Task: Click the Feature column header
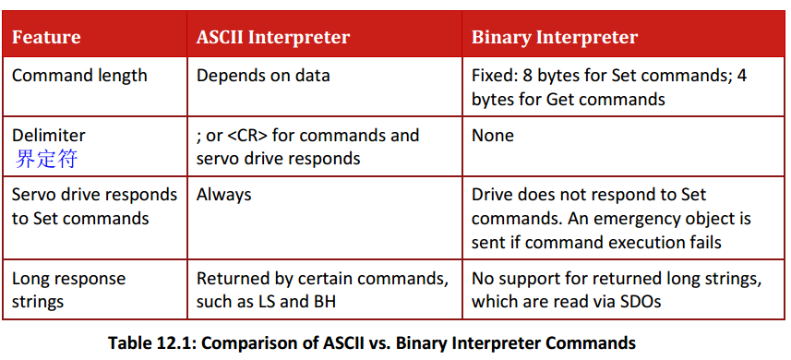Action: [46, 38]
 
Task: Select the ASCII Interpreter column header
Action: [273, 38]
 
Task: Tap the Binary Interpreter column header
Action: [555, 38]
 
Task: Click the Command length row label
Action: [79, 76]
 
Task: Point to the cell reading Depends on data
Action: [263, 76]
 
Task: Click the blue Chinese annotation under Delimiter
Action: [46, 159]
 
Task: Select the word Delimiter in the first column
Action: [48, 135]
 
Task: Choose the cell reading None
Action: [492, 135]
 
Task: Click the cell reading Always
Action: [223, 195]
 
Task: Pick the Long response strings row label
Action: [68, 291]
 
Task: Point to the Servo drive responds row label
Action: [94, 207]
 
